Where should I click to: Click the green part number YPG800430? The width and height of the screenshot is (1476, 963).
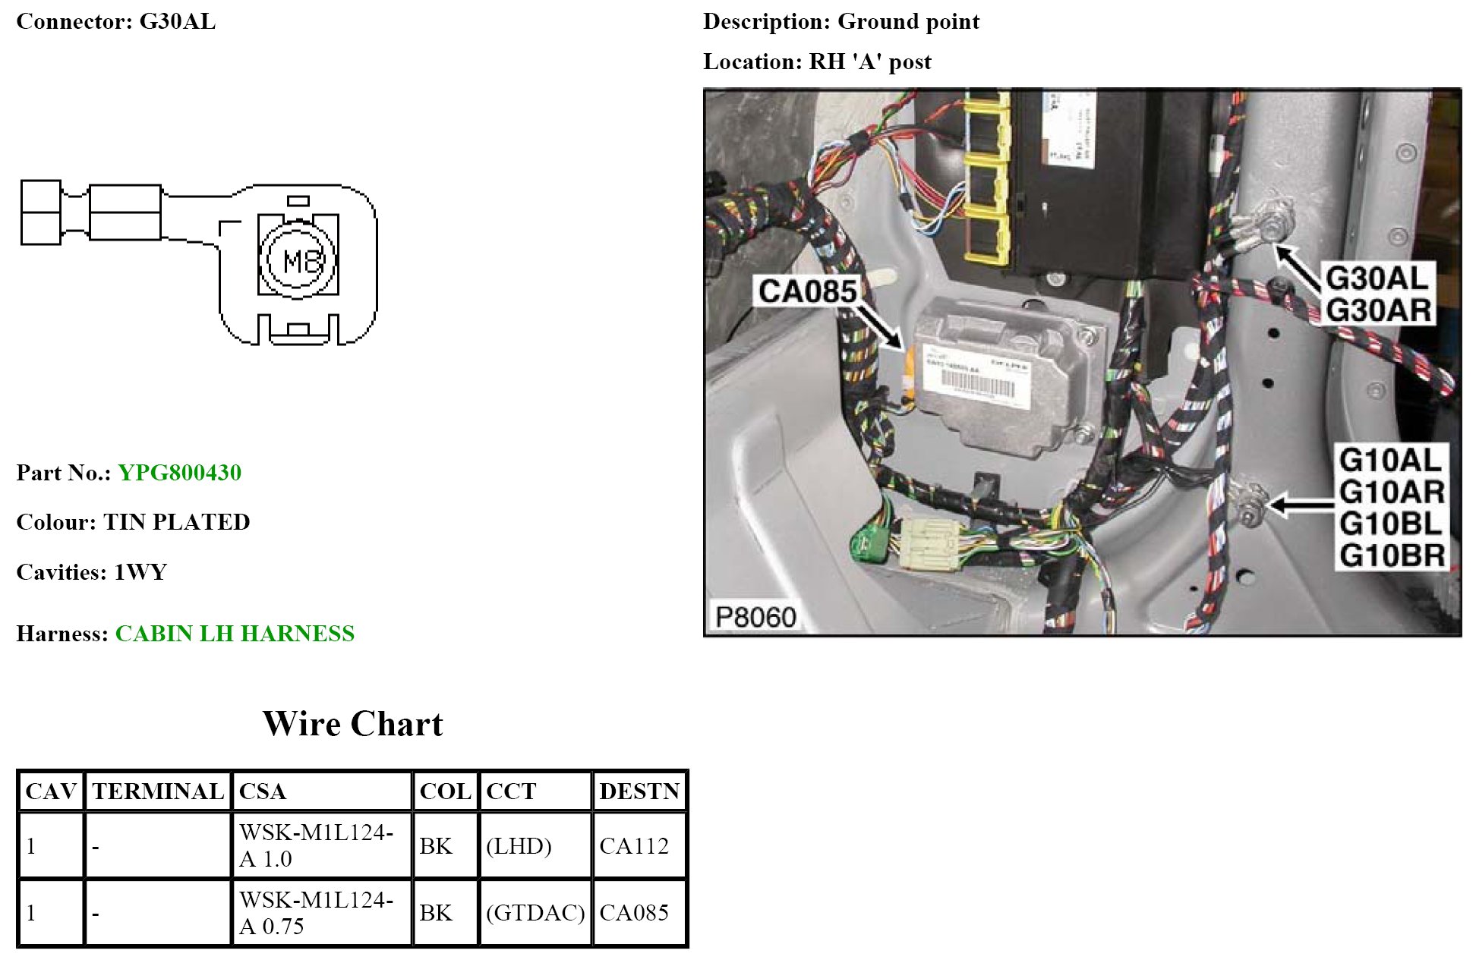(x=179, y=473)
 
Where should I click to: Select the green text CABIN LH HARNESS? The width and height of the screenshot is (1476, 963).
(x=235, y=634)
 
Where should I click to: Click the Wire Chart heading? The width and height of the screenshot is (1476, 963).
(x=352, y=724)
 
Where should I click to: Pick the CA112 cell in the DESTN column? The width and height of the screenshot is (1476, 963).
(x=634, y=845)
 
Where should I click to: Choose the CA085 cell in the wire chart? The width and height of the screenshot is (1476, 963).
(x=634, y=912)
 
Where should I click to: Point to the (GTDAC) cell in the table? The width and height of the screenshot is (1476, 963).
(x=535, y=912)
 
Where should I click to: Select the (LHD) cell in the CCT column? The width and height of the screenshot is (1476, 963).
(x=519, y=845)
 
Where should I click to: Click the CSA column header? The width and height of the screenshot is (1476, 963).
(x=263, y=791)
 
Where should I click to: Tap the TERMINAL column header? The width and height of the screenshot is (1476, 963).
(x=158, y=791)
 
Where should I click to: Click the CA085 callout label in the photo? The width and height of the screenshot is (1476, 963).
(x=807, y=291)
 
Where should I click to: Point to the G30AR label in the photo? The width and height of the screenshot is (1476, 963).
(x=1378, y=310)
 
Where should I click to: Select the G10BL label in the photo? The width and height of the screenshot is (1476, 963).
(x=1390, y=524)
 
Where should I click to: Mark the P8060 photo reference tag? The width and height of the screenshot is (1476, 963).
(x=755, y=617)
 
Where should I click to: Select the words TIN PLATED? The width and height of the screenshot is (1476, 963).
(x=177, y=522)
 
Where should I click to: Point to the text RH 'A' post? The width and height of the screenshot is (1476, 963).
(x=870, y=61)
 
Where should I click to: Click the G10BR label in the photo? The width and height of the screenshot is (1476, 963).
(x=1392, y=555)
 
